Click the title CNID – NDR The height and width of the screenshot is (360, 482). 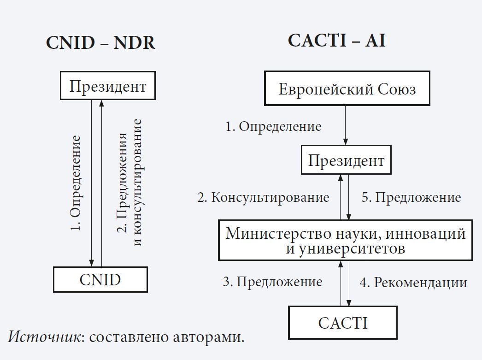[100, 43]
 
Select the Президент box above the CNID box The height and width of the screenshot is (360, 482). [108, 87]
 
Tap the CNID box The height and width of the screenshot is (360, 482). [100, 279]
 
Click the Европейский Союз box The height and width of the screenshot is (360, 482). [347, 89]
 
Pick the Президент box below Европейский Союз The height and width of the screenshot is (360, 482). [346, 161]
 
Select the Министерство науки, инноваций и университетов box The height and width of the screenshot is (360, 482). [346, 241]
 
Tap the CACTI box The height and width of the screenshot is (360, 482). [343, 323]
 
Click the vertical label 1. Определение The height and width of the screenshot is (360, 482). [76, 183]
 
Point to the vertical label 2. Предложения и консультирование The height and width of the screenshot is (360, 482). [129, 183]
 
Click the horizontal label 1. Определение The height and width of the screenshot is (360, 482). [273, 126]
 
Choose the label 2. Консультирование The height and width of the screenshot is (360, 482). [263, 198]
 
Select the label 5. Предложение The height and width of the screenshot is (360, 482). [411, 198]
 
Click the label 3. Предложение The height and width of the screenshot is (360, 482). [272, 282]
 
